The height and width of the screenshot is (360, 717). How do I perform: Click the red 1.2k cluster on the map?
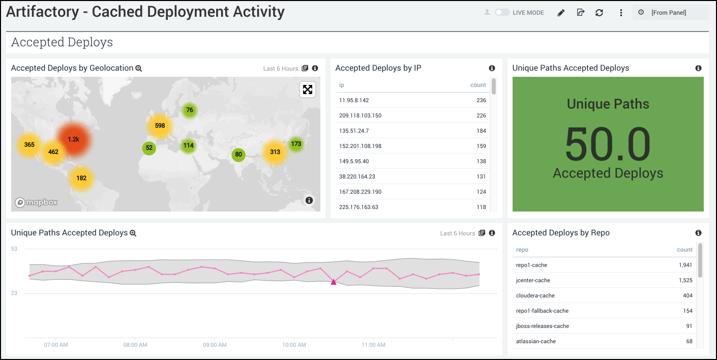74,139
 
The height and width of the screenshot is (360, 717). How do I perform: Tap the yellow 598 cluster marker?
160,126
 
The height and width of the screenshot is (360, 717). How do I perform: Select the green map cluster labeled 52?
149,148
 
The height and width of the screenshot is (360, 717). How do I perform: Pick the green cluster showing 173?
296,144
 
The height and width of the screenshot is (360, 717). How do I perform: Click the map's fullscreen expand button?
308,89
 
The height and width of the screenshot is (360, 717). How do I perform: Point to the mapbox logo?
36,202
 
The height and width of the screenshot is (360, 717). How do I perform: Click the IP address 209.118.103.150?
360,115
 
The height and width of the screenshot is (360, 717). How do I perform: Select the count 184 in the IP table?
481,131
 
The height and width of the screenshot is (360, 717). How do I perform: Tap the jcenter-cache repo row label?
533,280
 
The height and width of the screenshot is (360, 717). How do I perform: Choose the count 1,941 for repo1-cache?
685,265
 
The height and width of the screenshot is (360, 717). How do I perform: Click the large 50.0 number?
608,144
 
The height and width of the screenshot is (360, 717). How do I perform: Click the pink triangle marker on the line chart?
334,281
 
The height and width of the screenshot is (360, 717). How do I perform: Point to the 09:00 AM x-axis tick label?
215,345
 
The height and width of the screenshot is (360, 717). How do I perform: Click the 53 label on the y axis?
14,249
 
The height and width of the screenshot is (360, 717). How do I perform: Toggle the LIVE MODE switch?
502,13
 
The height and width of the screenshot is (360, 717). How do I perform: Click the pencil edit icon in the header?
561,13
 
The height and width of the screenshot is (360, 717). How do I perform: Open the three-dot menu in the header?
621,13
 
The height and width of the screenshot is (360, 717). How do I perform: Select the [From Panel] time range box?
670,13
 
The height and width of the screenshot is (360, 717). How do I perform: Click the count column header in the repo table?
684,250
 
